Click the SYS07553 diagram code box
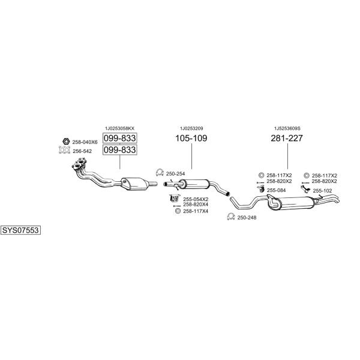[20, 230]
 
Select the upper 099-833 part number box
[119, 138]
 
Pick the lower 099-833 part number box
[119, 149]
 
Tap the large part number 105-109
[191, 138]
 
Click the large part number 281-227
[287, 138]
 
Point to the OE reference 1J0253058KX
[119, 128]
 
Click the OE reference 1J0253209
[191, 128]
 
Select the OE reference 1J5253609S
[287, 128]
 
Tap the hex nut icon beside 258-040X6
[66, 142]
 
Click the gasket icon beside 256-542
[64, 150]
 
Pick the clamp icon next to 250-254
[160, 172]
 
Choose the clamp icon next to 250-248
[231, 217]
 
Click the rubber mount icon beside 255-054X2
[174, 198]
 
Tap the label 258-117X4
[196, 211]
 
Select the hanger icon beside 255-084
[260, 189]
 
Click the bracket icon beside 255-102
[305, 189]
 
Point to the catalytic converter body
[135, 184]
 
